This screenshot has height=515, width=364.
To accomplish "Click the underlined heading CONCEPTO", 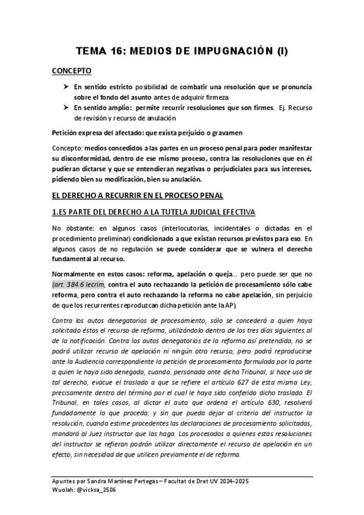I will pyautogui.click(x=72, y=71).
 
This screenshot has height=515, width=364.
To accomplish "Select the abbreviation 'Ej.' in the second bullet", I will pyautogui.click(x=281, y=107).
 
